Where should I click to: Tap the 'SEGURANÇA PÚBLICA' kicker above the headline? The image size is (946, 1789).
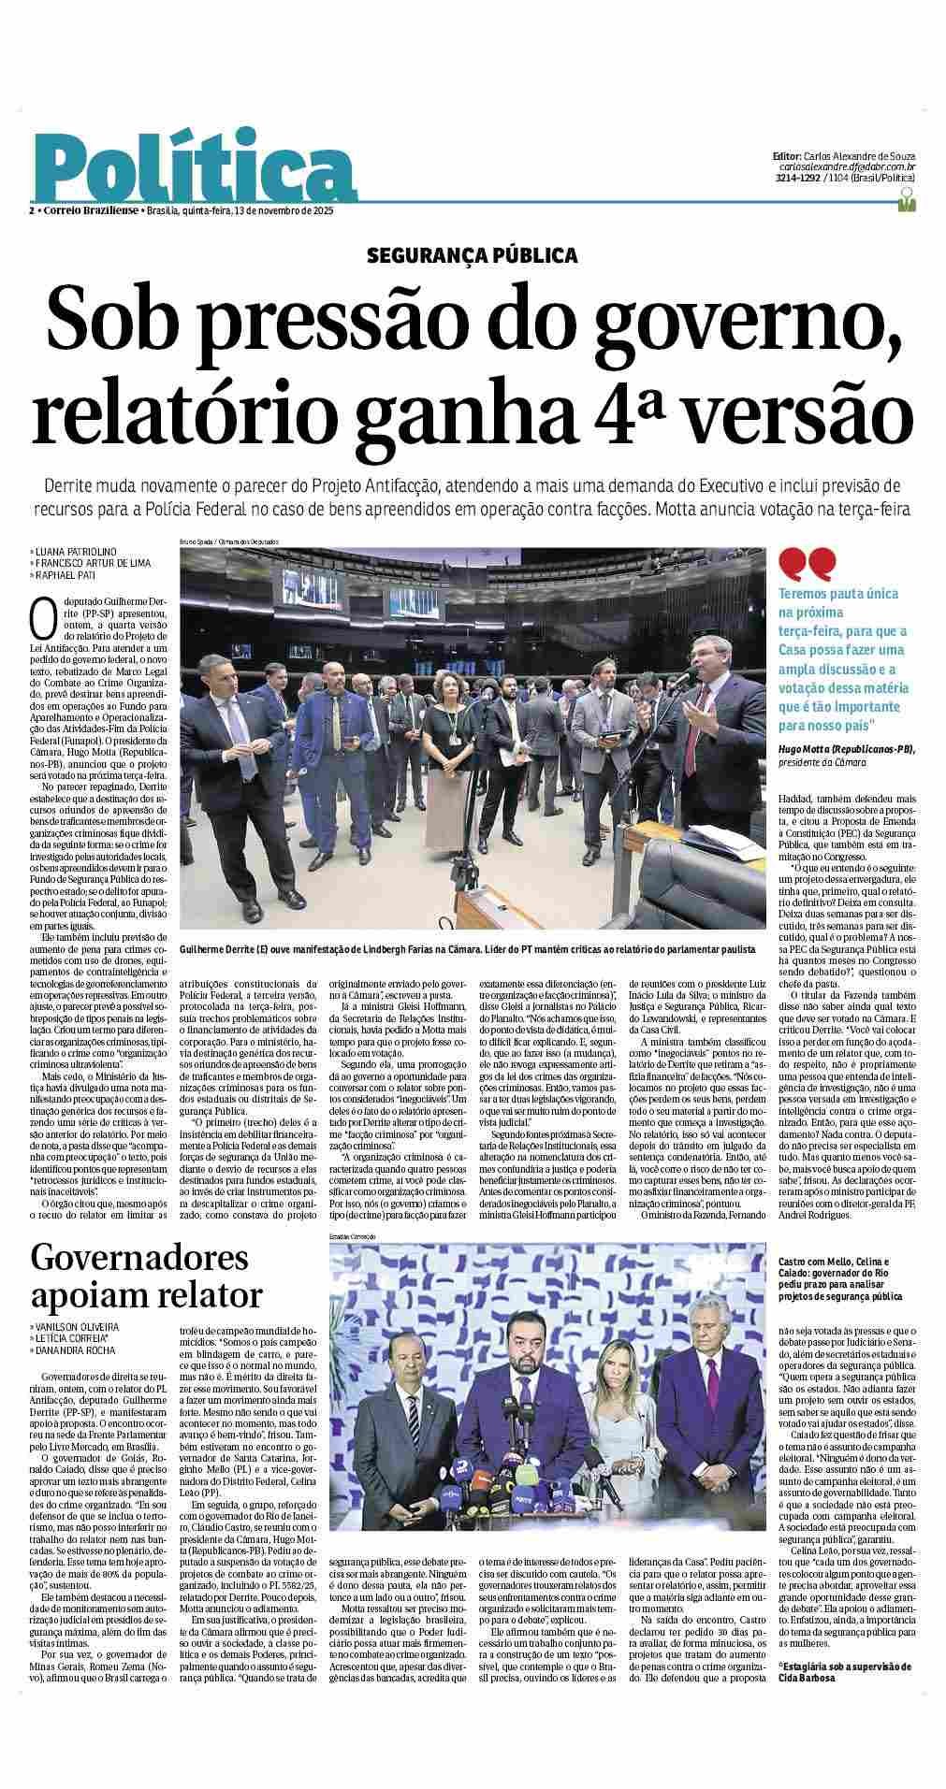473,254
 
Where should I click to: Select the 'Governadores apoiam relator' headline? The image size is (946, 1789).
147,1277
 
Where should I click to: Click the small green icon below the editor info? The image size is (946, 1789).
905,199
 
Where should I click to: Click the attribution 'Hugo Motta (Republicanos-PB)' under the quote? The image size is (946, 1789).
847,750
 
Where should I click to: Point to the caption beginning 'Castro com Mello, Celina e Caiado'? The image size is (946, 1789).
840,1279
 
